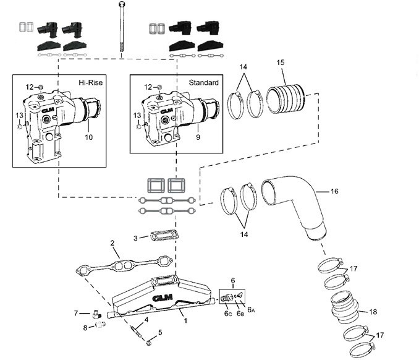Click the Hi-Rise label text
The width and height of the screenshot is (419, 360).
click(91, 82)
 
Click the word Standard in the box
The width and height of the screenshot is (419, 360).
click(203, 83)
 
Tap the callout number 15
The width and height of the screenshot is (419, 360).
click(281, 62)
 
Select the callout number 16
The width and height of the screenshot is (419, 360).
click(334, 191)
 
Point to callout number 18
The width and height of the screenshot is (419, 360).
click(373, 312)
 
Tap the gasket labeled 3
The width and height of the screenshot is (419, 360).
click(164, 236)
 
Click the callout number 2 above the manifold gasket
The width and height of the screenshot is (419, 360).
click(112, 243)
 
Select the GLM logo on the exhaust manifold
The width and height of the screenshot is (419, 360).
click(162, 298)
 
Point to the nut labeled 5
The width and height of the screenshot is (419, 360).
click(149, 343)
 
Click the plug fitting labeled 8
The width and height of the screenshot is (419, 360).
click(101, 325)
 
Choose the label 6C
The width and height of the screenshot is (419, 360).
click(228, 313)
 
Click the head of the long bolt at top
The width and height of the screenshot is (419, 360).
click(121, 4)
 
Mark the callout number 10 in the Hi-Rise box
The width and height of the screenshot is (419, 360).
click(89, 137)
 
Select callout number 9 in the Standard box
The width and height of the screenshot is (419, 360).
click(198, 137)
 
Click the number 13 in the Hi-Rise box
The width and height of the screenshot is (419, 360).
click(19, 116)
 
